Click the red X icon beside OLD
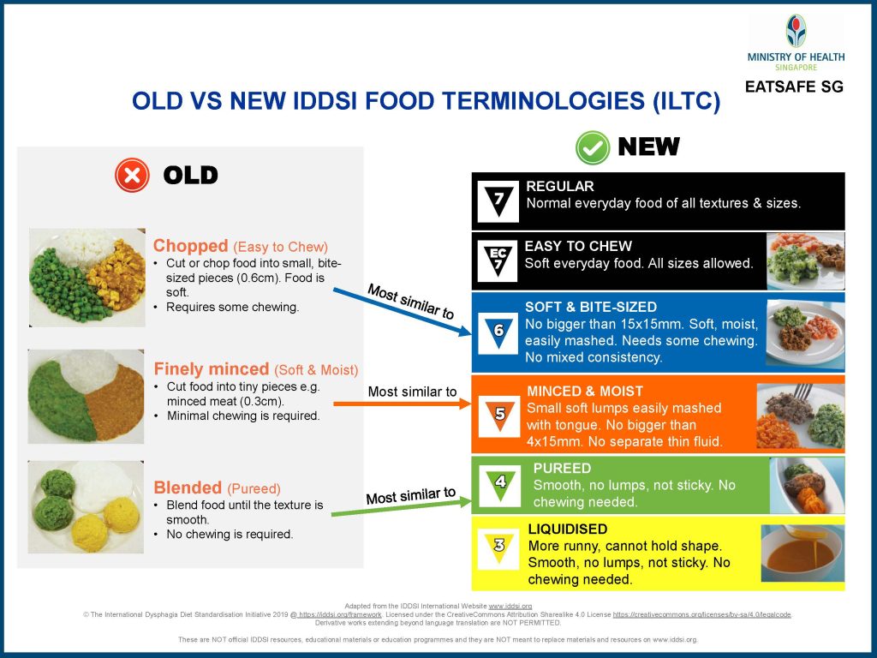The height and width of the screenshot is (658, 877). tap(132, 175)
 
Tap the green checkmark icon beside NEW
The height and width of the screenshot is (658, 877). tap(593, 147)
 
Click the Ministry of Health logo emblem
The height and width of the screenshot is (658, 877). tap(796, 31)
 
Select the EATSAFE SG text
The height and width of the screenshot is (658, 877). tap(794, 87)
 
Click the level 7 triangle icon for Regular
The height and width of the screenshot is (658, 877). tap(498, 201)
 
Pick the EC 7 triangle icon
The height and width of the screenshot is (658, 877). tap(498, 260)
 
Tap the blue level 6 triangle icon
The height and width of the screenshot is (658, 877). tap(498, 332)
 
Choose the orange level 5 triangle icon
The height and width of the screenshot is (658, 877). tap(499, 416)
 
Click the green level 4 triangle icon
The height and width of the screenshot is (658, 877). tap(499, 485)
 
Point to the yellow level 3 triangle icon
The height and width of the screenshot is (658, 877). tap(499, 547)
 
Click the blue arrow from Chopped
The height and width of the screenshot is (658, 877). tap(403, 312)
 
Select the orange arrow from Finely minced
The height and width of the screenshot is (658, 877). tap(403, 404)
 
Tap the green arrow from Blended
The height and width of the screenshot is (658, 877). tap(402, 507)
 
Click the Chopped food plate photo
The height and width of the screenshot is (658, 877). tap(87, 277)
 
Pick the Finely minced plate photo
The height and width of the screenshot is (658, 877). tap(87, 396)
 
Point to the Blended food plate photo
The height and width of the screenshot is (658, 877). tap(86, 507)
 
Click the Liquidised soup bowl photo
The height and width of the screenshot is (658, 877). tap(802, 553)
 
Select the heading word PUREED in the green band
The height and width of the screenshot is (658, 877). tap(562, 469)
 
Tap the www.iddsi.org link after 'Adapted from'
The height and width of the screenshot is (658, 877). tap(510, 606)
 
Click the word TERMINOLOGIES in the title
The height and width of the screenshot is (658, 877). tap(543, 101)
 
